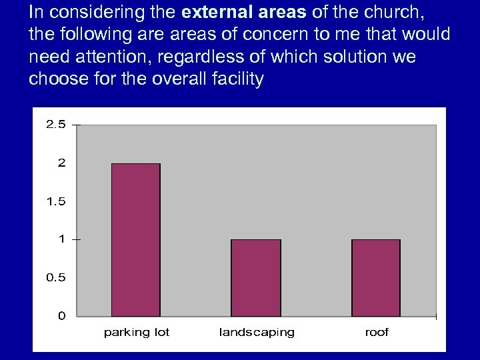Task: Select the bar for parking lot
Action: point(135,239)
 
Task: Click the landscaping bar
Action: point(256,277)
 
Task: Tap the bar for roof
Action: point(376,277)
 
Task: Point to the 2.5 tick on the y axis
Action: point(56,125)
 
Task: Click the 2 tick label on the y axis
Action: point(61,163)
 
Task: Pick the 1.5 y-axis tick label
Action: point(56,201)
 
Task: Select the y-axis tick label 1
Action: point(62,239)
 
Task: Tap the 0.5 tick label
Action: point(56,277)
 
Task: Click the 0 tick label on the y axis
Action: point(62,315)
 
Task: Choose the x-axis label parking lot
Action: point(137,332)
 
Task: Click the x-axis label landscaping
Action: point(257,332)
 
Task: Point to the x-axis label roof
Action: point(377,332)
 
